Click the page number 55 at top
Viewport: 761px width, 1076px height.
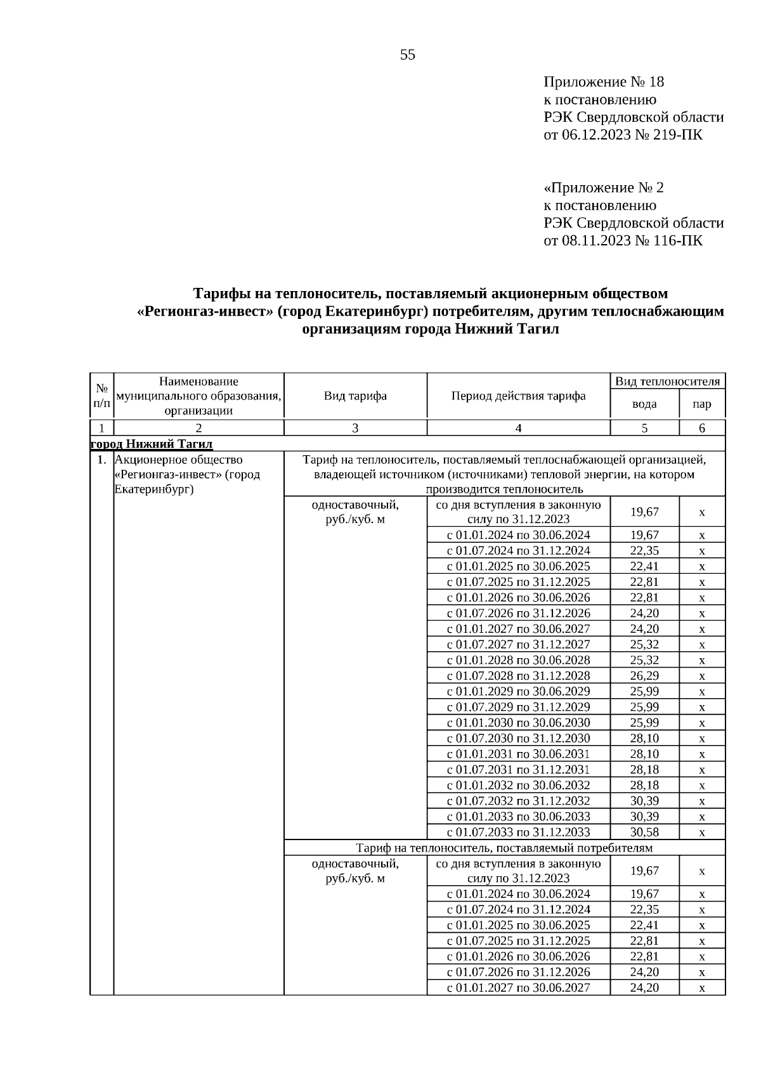click(x=408, y=55)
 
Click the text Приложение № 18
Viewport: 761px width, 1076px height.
click(x=603, y=82)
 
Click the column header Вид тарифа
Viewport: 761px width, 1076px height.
click(x=355, y=396)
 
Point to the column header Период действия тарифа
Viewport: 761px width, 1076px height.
click(x=518, y=396)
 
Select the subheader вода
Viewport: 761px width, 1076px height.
click(x=644, y=405)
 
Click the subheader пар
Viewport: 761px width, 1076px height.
click(x=702, y=405)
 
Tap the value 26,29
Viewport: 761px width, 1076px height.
click(x=644, y=676)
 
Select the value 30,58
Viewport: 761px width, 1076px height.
click(x=644, y=833)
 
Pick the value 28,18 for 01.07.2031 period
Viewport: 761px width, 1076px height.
click(x=644, y=770)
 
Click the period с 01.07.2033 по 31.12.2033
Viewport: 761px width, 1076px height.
click(x=518, y=833)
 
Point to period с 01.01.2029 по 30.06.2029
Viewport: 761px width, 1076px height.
click(x=518, y=692)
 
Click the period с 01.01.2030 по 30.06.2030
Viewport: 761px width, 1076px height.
click(x=518, y=723)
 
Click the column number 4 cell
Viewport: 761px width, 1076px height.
click(x=518, y=429)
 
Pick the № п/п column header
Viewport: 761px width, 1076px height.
click(x=101, y=396)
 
